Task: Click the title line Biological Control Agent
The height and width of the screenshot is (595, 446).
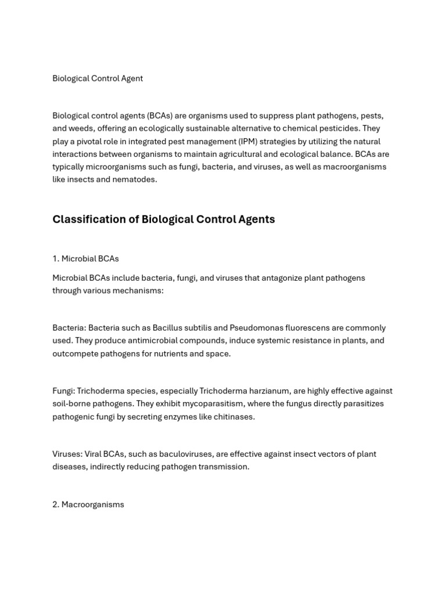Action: [x=98, y=78]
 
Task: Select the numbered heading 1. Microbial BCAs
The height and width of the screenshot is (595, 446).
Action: [x=85, y=259]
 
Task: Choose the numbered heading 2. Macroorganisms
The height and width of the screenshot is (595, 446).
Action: [x=88, y=504]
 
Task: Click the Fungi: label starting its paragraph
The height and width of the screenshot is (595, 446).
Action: [x=63, y=391]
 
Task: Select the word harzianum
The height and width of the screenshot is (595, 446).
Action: [x=268, y=391]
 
